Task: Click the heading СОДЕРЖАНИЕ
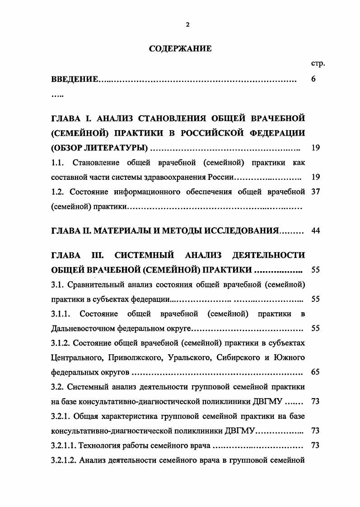pyautogui.click(x=180, y=49)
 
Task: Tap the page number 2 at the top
pyautogui.click(x=187, y=25)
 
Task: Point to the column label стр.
pyautogui.click(x=318, y=64)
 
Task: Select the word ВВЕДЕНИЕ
pyautogui.click(x=75, y=80)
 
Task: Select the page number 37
pyautogui.click(x=316, y=192)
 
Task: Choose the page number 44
pyautogui.click(x=316, y=230)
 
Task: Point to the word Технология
pyautogui.click(x=100, y=446)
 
